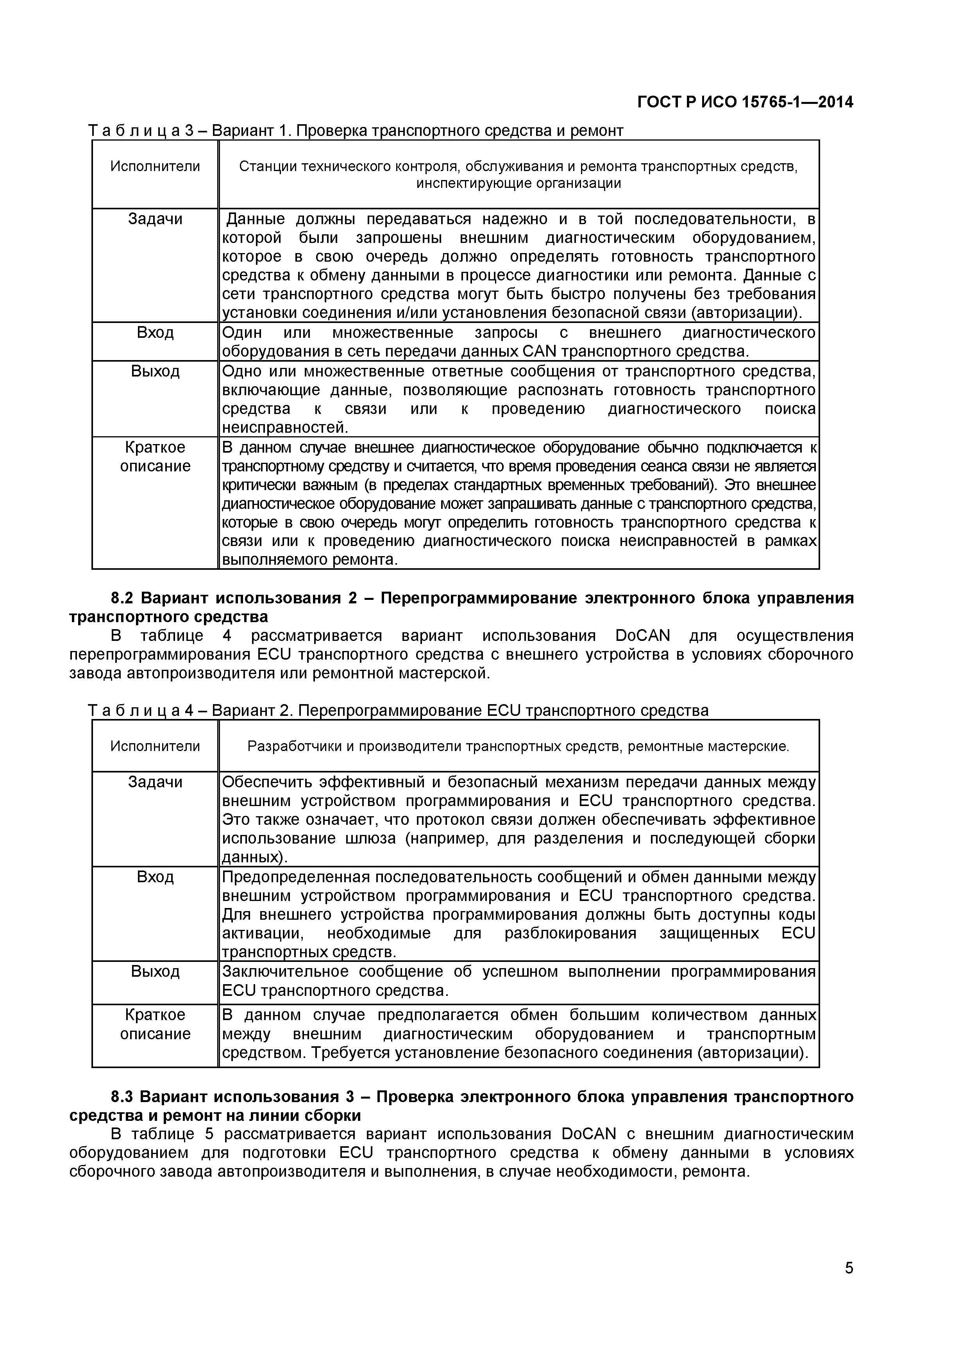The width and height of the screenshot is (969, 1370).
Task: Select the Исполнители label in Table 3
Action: [155, 166]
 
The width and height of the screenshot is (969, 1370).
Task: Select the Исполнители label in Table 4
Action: [155, 746]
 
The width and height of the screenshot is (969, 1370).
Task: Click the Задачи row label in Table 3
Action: [155, 219]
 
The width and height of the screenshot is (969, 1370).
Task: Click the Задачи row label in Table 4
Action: [155, 782]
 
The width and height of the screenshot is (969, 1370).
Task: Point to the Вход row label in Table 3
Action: [155, 332]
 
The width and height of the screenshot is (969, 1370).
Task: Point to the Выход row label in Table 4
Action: [155, 971]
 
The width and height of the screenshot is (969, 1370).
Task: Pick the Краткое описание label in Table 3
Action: [155, 457]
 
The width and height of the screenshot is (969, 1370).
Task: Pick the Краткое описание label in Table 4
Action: [155, 1024]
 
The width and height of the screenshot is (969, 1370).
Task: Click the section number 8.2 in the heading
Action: [123, 598]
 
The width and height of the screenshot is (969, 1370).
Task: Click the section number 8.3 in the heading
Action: [123, 1097]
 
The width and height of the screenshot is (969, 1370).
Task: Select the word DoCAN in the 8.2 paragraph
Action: [642, 635]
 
